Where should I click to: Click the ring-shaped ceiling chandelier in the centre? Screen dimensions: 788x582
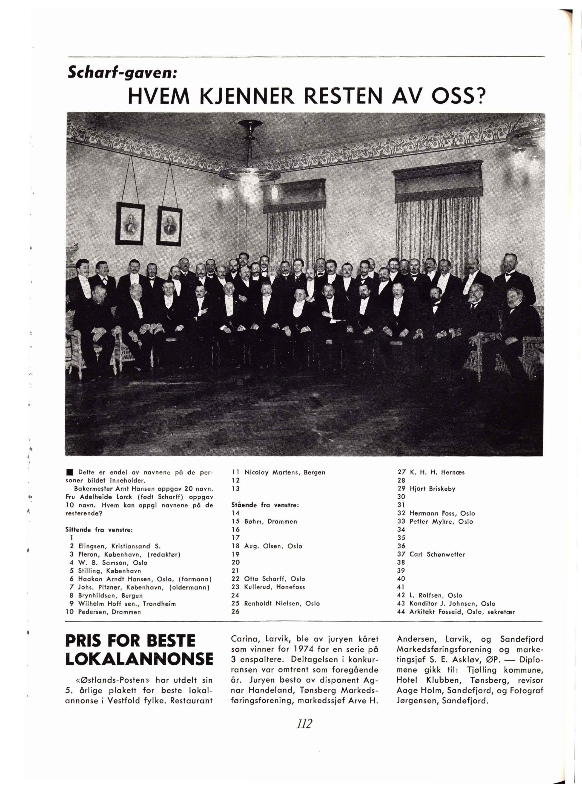click(249, 174)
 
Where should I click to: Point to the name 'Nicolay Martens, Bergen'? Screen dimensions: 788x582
click(284, 472)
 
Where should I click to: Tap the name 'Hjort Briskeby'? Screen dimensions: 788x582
click(432, 489)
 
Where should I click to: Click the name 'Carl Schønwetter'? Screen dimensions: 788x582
click(437, 554)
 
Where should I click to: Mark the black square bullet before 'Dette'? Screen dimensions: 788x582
click(70, 472)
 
